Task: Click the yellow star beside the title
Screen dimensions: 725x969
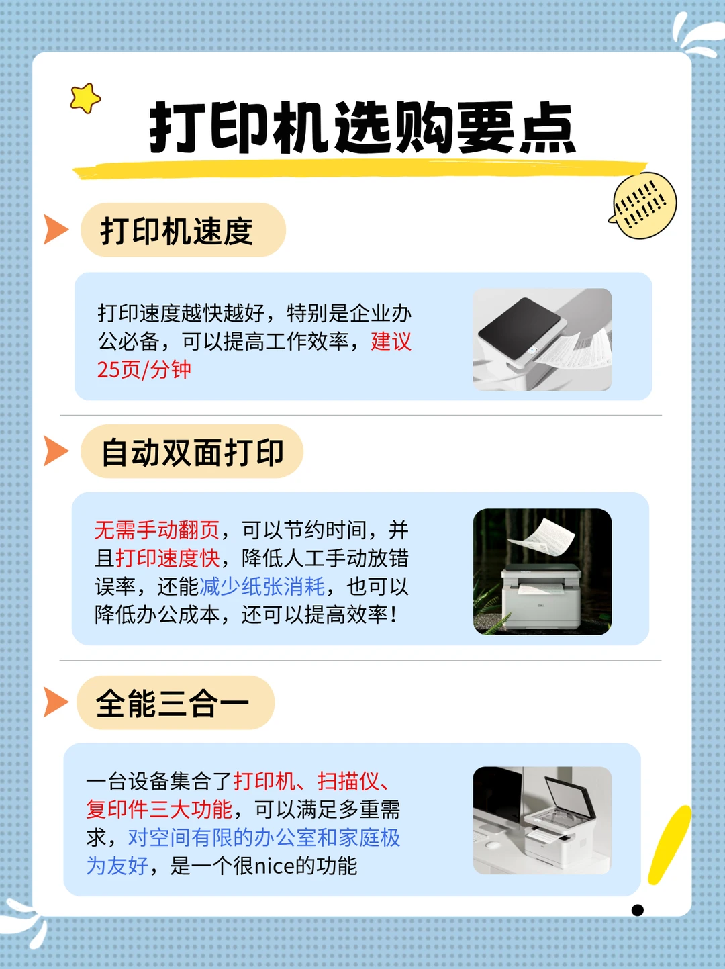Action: click(x=85, y=98)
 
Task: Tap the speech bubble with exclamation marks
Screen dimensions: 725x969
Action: click(x=644, y=205)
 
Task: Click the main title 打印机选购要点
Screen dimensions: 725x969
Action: click(x=362, y=128)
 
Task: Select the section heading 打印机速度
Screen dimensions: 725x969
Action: click(x=177, y=231)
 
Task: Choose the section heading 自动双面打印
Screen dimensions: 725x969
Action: click(x=193, y=453)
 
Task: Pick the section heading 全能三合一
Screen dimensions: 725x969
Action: click(x=172, y=704)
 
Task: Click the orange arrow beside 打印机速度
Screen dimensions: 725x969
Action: click(x=56, y=230)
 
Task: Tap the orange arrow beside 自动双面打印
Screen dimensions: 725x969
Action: click(x=56, y=451)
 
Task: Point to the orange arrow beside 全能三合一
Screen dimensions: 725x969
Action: click(x=56, y=702)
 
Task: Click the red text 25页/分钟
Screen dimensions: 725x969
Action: click(x=144, y=370)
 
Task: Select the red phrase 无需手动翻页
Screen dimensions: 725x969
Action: click(x=157, y=530)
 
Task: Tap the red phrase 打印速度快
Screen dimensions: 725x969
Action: click(x=168, y=559)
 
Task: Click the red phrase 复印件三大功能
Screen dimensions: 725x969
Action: click(x=159, y=810)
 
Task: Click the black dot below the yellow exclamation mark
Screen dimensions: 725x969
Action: click(x=638, y=910)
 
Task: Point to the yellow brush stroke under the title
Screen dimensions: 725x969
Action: click(x=360, y=170)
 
